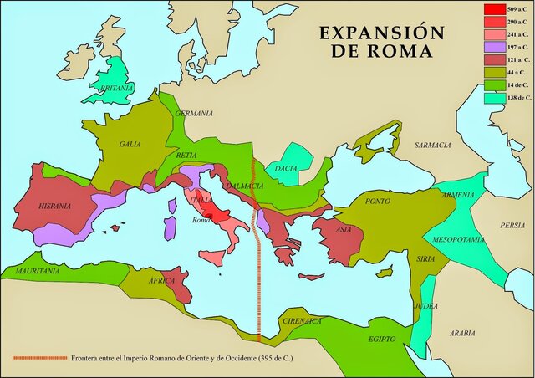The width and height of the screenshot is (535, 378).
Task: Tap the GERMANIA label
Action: [x=194, y=114]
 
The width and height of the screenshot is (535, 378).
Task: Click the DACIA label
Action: [x=286, y=168]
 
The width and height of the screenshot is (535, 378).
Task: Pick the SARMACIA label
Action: [x=433, y=146]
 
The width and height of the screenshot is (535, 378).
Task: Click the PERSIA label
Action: [x=512, y=225]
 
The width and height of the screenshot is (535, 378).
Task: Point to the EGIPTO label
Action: [x=386, y=340]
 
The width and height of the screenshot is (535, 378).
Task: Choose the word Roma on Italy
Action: [x=201, y=220]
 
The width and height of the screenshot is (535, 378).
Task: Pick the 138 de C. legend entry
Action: [x=513, y=99]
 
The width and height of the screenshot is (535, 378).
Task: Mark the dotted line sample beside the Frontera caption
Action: [x=39, y=358]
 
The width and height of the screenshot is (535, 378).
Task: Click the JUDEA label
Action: [x=425, y=306]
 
